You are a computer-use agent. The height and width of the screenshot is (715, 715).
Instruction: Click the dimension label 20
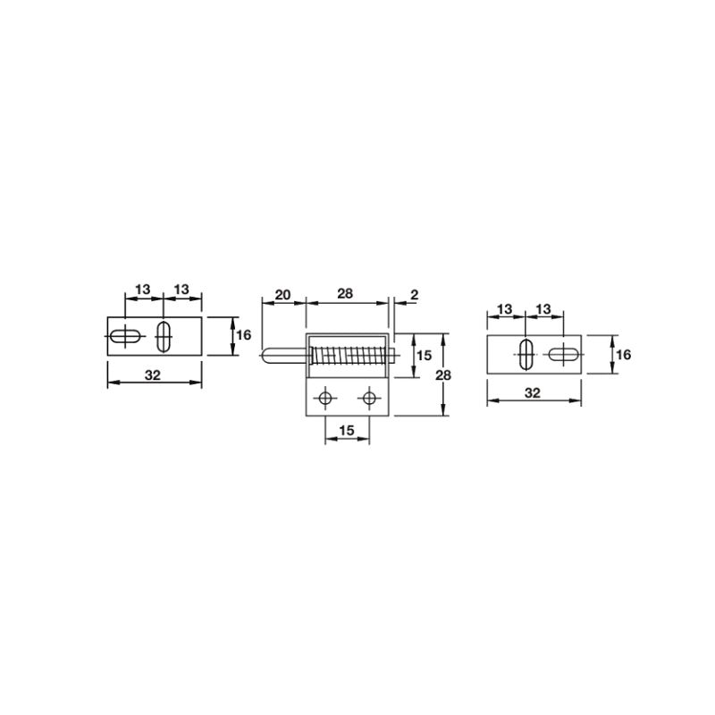282,295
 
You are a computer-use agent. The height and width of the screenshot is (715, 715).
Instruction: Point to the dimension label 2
414,295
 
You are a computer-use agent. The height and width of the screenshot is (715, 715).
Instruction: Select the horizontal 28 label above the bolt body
345,294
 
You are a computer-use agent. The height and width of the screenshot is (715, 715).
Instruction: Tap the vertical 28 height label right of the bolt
443,375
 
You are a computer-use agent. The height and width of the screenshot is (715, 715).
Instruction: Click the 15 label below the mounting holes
347,430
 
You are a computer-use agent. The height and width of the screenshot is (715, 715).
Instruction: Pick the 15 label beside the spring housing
424,355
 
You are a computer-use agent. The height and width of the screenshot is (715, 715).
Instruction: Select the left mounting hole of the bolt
325,399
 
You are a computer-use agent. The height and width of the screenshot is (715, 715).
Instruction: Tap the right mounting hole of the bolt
369,399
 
